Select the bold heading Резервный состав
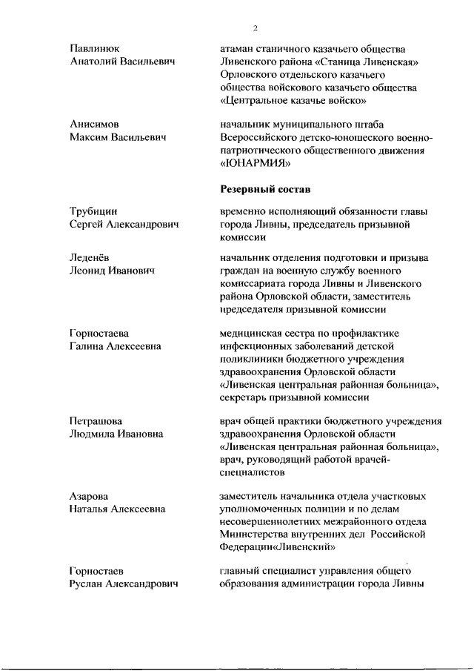(x=264, y=190)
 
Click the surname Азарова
(x=89, y=496)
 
